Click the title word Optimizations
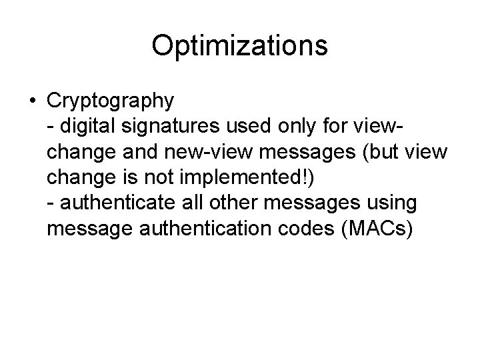tap(239, 46)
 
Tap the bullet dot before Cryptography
tap(32, 101)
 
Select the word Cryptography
tap(111, 101)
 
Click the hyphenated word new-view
tap(210, 152)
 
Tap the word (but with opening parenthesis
tap(382, 152)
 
